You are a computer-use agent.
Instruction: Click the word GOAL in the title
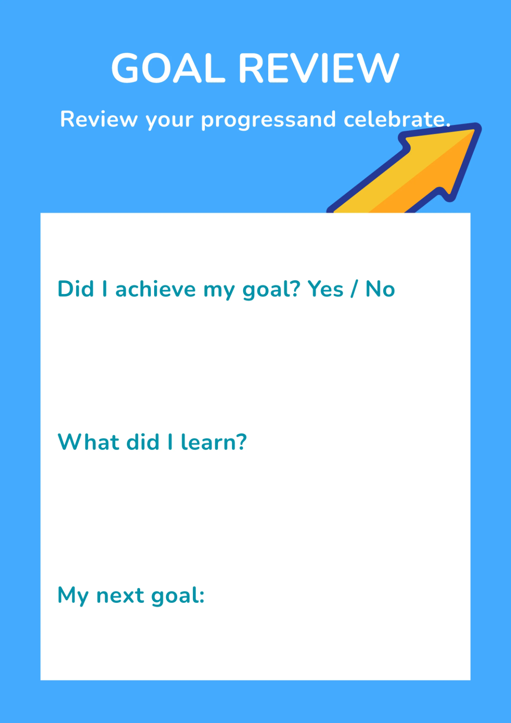[168, 68]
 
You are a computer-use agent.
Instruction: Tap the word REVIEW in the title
[319, 68]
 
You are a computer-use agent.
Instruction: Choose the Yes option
[325, 289]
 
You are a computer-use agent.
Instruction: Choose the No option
[380, 289]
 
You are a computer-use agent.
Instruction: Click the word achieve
[155, 289]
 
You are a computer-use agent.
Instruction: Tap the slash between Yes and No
[354, 290]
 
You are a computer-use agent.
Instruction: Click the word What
[88, 442]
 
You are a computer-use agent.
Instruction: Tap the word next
[120, 595]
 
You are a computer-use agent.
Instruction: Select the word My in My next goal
[73, 596]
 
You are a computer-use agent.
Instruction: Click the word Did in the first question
[76, 289]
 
